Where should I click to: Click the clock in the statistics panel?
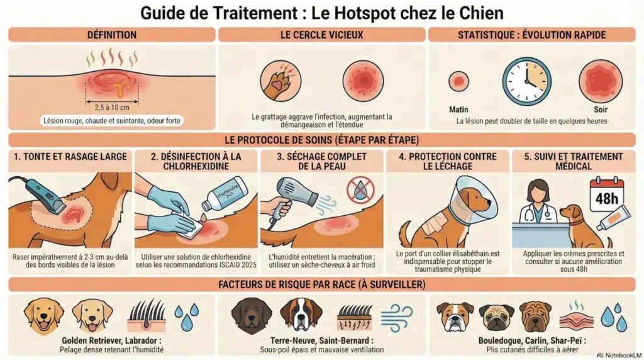526,81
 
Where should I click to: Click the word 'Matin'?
458,109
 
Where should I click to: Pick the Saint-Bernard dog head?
301,314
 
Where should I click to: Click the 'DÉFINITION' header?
111,35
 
